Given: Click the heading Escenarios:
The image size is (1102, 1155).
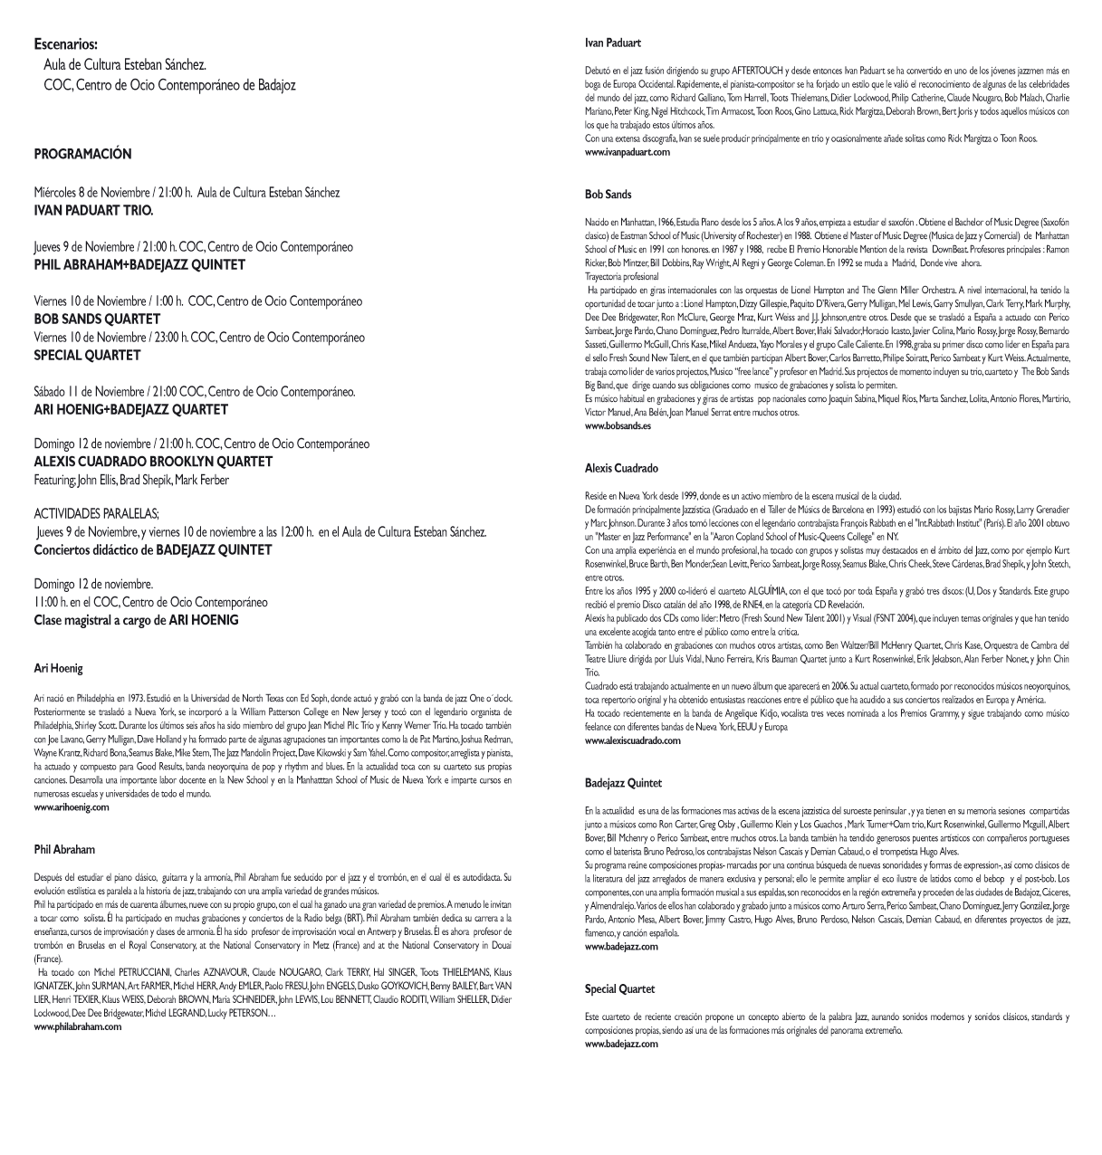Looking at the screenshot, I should tap(65, 43).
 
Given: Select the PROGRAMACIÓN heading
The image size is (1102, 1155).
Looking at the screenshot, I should tap(82, 154).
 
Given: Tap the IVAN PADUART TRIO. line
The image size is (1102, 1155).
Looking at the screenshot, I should tap(93, 210).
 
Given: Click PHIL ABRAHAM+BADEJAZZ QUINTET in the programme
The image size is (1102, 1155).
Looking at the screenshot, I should tap(139, 265).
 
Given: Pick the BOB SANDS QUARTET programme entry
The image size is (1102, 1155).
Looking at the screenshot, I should tap(97, 319).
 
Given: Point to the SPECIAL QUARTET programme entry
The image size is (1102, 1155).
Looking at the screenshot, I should tap(87, 355).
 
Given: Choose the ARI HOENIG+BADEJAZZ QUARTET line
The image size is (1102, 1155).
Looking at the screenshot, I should tap(130, 409).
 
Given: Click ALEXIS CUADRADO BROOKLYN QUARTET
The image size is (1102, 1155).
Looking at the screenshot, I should tap(153, 462).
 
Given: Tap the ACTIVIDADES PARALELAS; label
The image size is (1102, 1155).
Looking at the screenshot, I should tap(97, 513).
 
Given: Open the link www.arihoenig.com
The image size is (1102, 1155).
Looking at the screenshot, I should tap(72, 807).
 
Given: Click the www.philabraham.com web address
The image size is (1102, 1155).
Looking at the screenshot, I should tap(77, 1027).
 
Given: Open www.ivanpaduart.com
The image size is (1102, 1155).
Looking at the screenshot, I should tap(628, 152).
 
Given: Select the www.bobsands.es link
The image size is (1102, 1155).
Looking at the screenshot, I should tap(618, 425).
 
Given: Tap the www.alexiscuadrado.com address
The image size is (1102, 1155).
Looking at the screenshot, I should tap(633, 740).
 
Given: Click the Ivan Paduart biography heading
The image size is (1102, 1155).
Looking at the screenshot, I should tap(613, 43).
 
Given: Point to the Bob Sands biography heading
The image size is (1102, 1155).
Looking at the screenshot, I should tap(608, 195).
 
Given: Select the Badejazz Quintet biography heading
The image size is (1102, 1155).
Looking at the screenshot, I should tap(624, 783).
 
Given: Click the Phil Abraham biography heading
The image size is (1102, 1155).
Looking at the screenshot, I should tap(64, 850).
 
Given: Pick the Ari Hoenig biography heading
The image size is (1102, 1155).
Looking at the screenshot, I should tap(58, 668).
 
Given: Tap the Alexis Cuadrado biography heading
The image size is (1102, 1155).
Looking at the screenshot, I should tap(621, 469).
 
